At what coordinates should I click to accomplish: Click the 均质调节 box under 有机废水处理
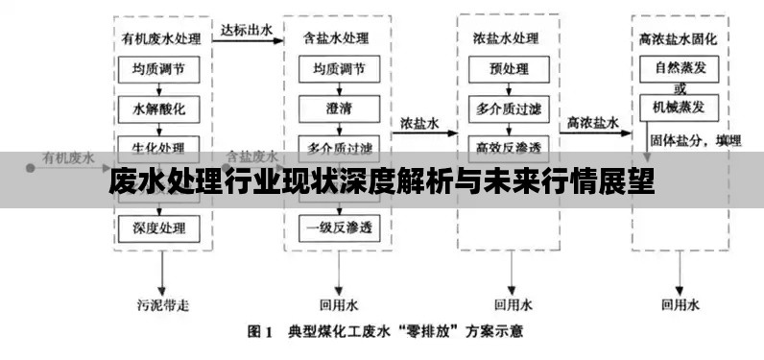tap(159, 69)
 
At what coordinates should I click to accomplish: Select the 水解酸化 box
tap(159, 108)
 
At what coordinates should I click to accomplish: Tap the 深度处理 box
tap(159, 228)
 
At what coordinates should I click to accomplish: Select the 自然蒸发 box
tap(680, 68)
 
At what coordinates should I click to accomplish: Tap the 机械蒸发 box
tap(680, 107)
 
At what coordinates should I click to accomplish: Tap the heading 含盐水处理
tap(336, 40)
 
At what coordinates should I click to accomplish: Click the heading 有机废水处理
tap(160, 40)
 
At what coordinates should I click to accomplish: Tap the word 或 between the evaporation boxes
tap(680, 87)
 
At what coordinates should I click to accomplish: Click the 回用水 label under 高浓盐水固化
tap(680, 305)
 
